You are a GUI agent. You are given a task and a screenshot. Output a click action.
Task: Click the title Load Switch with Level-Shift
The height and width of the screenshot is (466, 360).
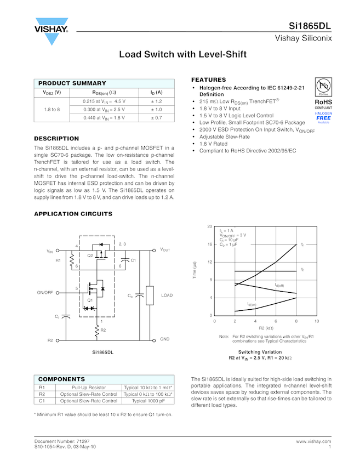pyautogui.click(x=182, y=54)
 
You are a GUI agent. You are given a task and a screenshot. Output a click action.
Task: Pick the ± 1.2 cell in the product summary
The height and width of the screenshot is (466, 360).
pyautogui.click(x=156, y=101)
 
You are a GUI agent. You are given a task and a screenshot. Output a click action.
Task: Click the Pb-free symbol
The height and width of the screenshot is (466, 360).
pyautogui.click(x=323, y=86)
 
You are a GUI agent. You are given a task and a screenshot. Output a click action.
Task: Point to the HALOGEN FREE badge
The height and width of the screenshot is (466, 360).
pyautogui.click(x=323, y=116)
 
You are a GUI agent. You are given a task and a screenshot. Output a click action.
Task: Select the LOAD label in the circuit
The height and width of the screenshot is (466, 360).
pyautogui.click(x=167, y=295)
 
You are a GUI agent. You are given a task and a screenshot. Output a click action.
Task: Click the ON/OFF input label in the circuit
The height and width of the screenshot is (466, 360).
pyautogui.click(x=45, y=293)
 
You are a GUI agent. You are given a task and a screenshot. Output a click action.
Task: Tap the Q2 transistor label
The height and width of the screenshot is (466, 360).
pyautogui.click(x=90, y=256)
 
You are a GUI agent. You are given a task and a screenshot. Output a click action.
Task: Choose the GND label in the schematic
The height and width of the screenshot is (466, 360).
pyautogui.click(x=164, y=339)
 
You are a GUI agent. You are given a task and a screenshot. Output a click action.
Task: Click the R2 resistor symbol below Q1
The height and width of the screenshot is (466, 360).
pyautogui.click(x=97, y=330)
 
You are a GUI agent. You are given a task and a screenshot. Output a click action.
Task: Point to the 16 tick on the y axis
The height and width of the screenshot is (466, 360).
pyautogui.click(x=210, y=244)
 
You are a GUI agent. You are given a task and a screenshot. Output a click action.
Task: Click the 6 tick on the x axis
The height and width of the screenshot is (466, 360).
pyautogui.click(x=276, y=321)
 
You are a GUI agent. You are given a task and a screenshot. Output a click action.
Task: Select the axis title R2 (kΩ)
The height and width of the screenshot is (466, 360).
pyautogui.click(x=265, y=328)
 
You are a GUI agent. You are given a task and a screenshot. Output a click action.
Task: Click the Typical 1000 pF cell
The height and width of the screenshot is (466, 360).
pyautogui.click(x=148, y=401)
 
